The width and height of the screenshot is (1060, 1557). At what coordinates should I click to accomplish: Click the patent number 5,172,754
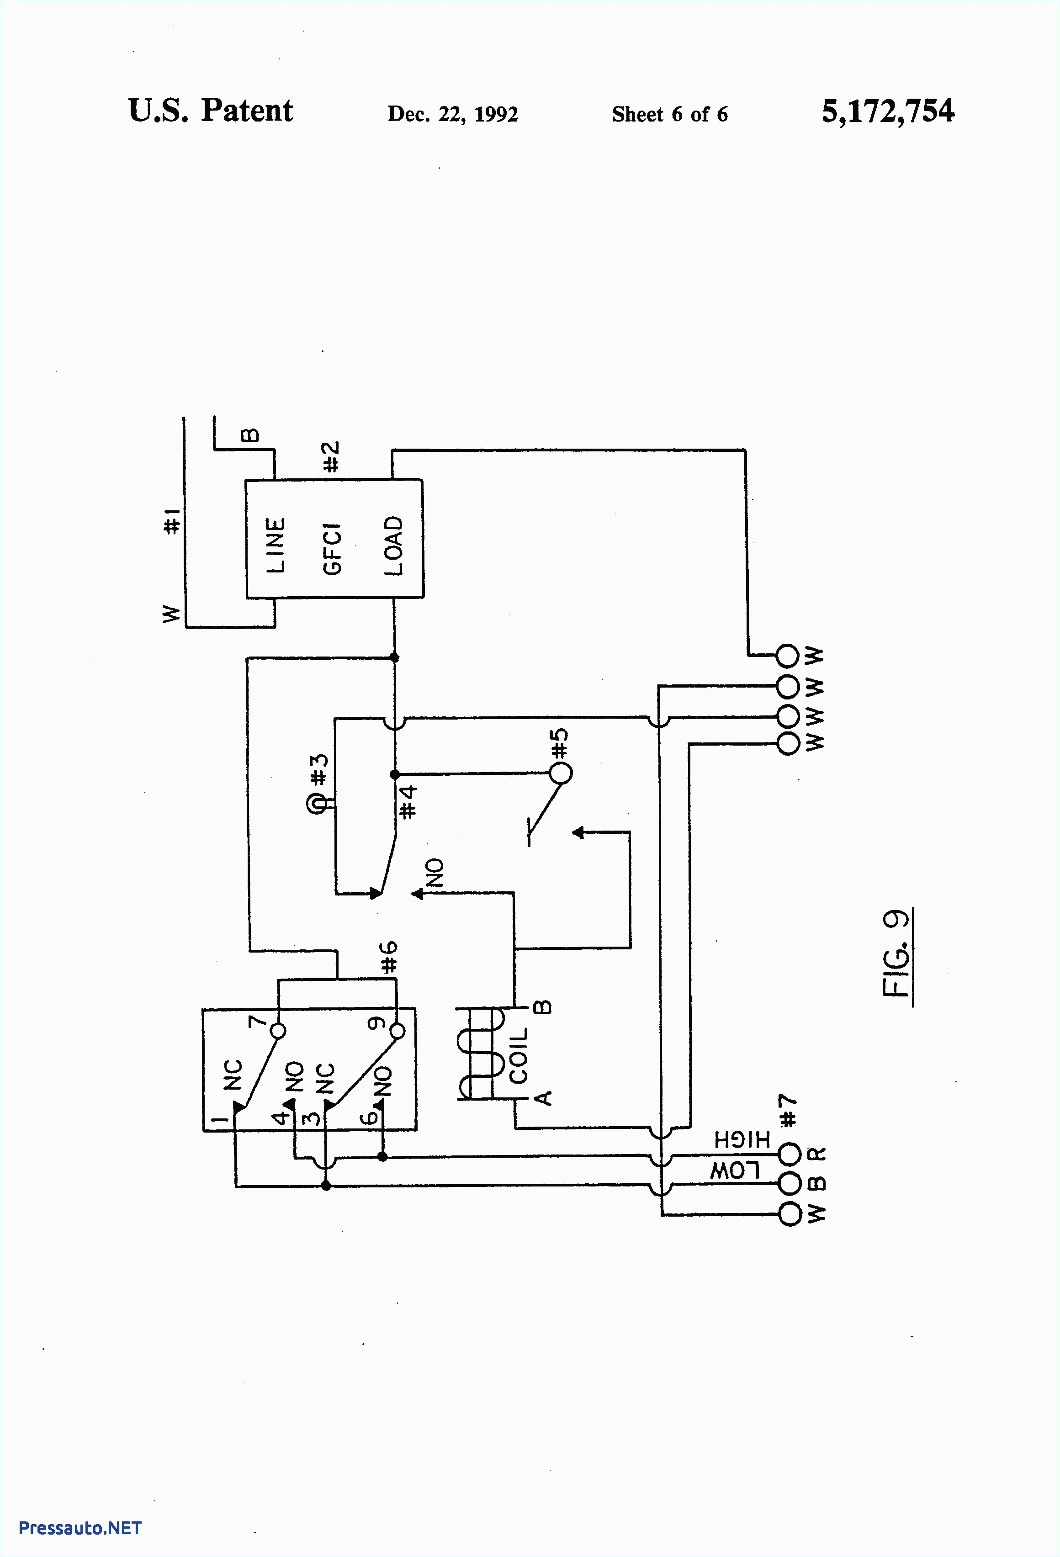pyautogui.click(x=887, y=111)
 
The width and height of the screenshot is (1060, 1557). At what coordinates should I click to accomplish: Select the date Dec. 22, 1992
pyautogui.click(x=452, y=114)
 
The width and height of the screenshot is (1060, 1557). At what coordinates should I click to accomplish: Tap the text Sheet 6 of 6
pyautogui.click(x=669, y=114)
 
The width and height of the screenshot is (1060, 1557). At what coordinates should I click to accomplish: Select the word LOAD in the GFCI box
pyautogui.click(x=393, y=545)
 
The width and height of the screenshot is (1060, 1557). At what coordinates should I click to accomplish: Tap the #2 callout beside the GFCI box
pyautogui.click(x=331, y=456)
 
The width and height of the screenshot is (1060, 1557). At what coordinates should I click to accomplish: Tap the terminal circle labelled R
pyautogui.click(x=790, y=1154)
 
